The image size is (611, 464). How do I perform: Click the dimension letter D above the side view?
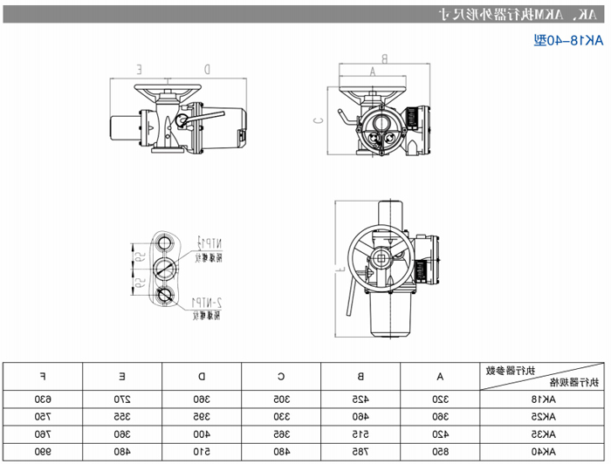click(206, 68)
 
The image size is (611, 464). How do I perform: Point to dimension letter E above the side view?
click(140, 68)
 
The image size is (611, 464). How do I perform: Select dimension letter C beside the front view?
click(319, 120)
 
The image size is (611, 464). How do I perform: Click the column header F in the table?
click(44, 376)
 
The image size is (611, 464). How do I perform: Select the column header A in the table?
click(441, 376)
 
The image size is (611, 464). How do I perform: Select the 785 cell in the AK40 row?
click(360, 452)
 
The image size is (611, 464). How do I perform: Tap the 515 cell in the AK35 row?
click(360, 434)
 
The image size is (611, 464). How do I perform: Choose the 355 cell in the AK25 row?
click(122, 417)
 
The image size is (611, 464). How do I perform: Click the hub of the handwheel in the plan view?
click(382, 258)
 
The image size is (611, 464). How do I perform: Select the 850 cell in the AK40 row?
click(441, 452)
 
